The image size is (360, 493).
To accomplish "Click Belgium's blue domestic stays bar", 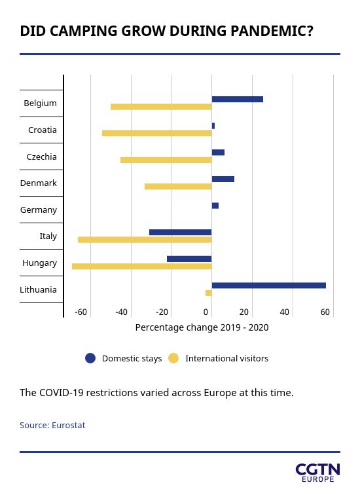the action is [238, 100].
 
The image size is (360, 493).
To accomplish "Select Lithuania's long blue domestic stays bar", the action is [269, 285].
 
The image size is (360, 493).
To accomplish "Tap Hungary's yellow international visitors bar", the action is [142, 266].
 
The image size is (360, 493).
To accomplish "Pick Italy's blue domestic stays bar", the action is [181, 232].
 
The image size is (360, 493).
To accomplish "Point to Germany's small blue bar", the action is [215, 206].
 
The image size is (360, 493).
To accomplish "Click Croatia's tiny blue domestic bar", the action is [213, 126].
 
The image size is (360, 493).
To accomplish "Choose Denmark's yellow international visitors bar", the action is [178, 187].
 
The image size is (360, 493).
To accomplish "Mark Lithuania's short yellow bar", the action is [209, 293].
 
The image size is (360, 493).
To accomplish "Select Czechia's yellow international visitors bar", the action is [166, 160].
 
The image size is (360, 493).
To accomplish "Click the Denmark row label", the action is [39, 183].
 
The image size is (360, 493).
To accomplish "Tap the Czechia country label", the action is [41, 156].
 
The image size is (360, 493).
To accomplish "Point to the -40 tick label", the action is [121, 312].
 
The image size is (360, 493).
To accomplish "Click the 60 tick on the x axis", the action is [325, 312].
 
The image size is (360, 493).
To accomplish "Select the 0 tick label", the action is [206, 312].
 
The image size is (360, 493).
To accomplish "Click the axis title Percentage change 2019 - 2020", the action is [202, 327].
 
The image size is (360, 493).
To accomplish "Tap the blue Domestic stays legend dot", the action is [90, 358].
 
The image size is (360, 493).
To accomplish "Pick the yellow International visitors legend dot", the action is [173, 358].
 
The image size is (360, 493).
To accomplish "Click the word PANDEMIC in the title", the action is [272, 31].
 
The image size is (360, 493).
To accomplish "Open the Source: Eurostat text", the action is [52, 425].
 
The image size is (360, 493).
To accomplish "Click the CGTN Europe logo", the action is [318, 473].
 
